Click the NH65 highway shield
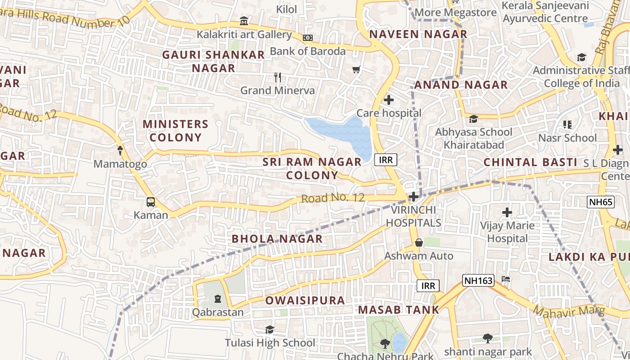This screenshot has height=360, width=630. click(x=601, y=202)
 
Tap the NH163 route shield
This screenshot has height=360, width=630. click(x=478, y=280)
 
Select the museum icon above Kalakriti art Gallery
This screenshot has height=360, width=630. click(x=244, y=21)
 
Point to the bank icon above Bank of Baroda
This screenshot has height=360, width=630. click(x=308, y=38)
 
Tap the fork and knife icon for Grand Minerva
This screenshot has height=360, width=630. click(x=278, y=77)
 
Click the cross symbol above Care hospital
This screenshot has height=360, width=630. click(x=389, y=100)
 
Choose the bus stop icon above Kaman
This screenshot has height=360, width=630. click(x=151, y=202)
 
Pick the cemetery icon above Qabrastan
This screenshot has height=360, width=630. click(x=218, y=299)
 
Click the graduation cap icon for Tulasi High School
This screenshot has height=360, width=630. click(x=270, y=330)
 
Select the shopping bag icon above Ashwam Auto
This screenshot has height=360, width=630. click(x=419, y=243)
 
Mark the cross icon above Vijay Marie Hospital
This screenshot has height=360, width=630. click(x=507, y=212)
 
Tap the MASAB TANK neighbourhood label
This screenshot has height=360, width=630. click(x=398, y=310)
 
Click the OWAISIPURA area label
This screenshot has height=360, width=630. click(x=305, y=300)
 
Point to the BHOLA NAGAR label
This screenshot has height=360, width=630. click(x=277, y=238)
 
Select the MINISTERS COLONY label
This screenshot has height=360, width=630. click(x=175, y=130)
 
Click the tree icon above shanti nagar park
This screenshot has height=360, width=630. click(x=487, y=338)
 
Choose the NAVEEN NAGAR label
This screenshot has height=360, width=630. click(x=418, y=34)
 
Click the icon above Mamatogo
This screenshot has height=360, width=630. click(x=120, y=151)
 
